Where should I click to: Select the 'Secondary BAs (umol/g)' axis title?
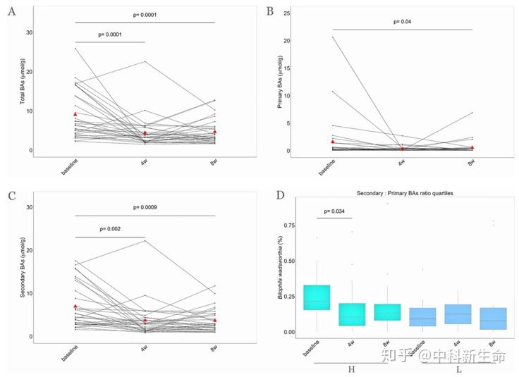pyautogui.click(x=23, y=272)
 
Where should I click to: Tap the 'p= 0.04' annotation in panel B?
pyautogui.click(x=403, y=22)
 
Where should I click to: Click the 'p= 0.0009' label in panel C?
pyautogui.click(x=144, y=207)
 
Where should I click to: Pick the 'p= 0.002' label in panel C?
pyautogui.click(x=110, y=229)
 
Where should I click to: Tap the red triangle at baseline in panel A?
pyautogui.click(x=75, y=114)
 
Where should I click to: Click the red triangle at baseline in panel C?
pyautogui.click(x=75, y=307)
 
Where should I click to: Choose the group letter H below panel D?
pyautogui.click(x=350, y=371)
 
